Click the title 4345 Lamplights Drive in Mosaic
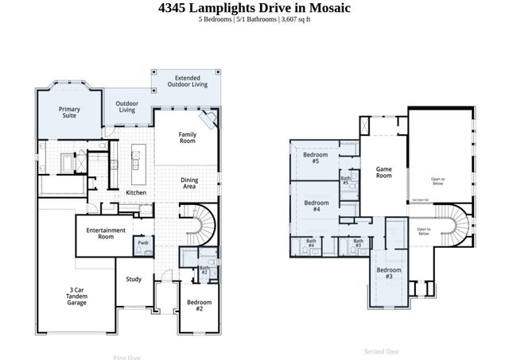click(254, 8)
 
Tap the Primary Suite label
click(69, 112)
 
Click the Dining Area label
click(189, 182)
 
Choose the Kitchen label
click(136, 193)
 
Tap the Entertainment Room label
click(106, 233)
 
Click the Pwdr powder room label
click(143, 242)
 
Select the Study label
click(134, 279)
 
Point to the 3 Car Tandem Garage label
click(77, 298)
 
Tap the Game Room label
click(384, 172)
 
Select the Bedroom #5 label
click(312, 158)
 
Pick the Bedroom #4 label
click(312, 205)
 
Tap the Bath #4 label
click(311, 243)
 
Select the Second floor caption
click(381, 350)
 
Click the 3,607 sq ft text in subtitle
click(295, 19)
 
